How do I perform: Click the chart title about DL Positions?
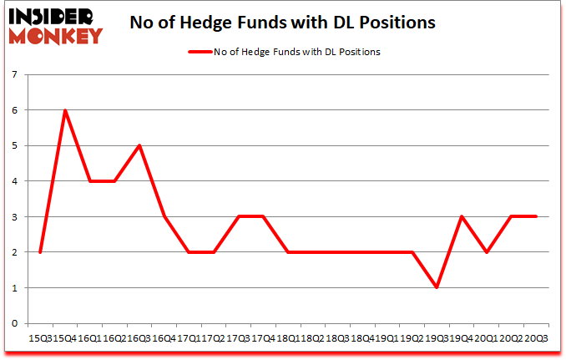(283, 23)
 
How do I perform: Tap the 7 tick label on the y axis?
(16, 75)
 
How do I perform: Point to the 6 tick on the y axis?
(16, 110)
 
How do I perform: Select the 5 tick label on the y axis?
(16, 146)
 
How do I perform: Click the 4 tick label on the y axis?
(16, 181)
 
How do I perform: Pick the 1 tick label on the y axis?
(16, 288)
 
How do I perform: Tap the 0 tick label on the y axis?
(16, 323)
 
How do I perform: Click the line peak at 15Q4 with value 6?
(65, 110)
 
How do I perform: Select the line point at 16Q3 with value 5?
(139, 145)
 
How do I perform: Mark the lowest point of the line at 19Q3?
(436, 287)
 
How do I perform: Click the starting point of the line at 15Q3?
(40, 252)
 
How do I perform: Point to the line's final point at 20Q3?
(534, 216)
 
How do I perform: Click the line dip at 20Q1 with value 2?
(485, 252)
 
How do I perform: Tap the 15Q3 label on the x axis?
(40, 338)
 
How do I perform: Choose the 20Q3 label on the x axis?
(536, 338)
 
